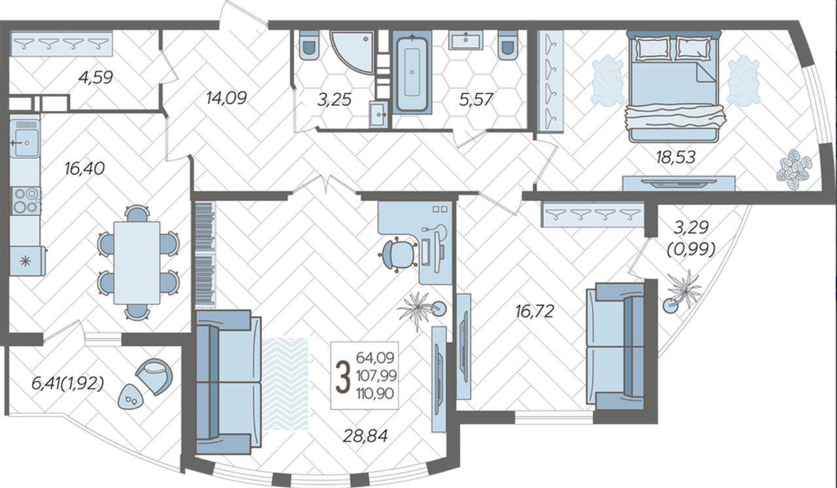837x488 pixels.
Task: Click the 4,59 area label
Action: (96, 78)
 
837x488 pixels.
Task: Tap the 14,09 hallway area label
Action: (226, 98)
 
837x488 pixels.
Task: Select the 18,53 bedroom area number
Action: (675, 157)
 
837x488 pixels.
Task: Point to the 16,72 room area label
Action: (535, 311)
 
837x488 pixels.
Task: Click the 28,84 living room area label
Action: (365, 436)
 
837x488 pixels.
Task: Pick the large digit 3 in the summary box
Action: (343, 377)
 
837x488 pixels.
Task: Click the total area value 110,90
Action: (375, 394)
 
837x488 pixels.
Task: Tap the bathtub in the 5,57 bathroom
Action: (412, 73)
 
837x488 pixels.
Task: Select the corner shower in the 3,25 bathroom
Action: (353, 51)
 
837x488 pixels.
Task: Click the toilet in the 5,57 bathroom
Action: (508, 44)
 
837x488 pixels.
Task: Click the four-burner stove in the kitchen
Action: (26, 201)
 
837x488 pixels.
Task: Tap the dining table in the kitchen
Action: (137, 263)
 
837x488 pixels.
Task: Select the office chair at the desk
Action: (399, 254)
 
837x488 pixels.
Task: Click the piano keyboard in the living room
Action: (205, 254)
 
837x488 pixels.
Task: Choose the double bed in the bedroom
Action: (674, 86)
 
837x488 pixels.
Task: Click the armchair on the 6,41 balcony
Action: (154, 375)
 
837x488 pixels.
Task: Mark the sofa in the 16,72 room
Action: (615, 347)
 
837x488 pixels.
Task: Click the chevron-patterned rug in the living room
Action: (285, 384)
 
